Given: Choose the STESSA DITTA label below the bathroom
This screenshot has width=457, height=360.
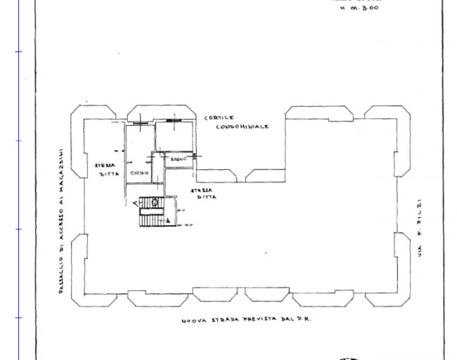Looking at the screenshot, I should point(204,194).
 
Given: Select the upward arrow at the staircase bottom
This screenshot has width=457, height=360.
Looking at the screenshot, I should point(168,220).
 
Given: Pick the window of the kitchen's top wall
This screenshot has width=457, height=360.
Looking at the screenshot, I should point(140,123).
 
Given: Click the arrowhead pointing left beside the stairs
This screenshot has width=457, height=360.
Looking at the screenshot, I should point(134,202).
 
